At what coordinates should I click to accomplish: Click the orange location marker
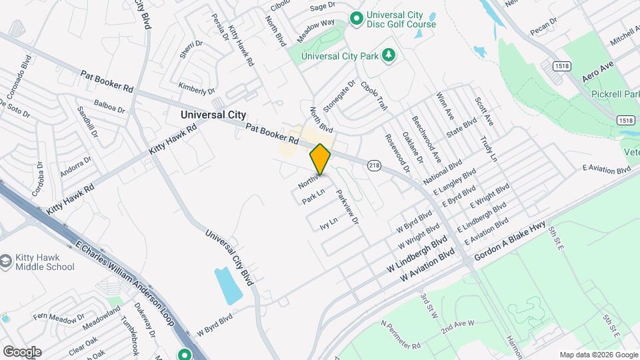pos(321,159)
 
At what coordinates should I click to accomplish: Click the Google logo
pos(22,351)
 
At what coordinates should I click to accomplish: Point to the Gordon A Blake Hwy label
pos(510,241)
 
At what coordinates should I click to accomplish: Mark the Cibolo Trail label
pos(373,96)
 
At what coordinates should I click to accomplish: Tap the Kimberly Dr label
pos(197,88)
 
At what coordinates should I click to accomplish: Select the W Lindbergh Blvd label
pos(417,254)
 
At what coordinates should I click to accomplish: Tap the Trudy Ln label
pos(489,149)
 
